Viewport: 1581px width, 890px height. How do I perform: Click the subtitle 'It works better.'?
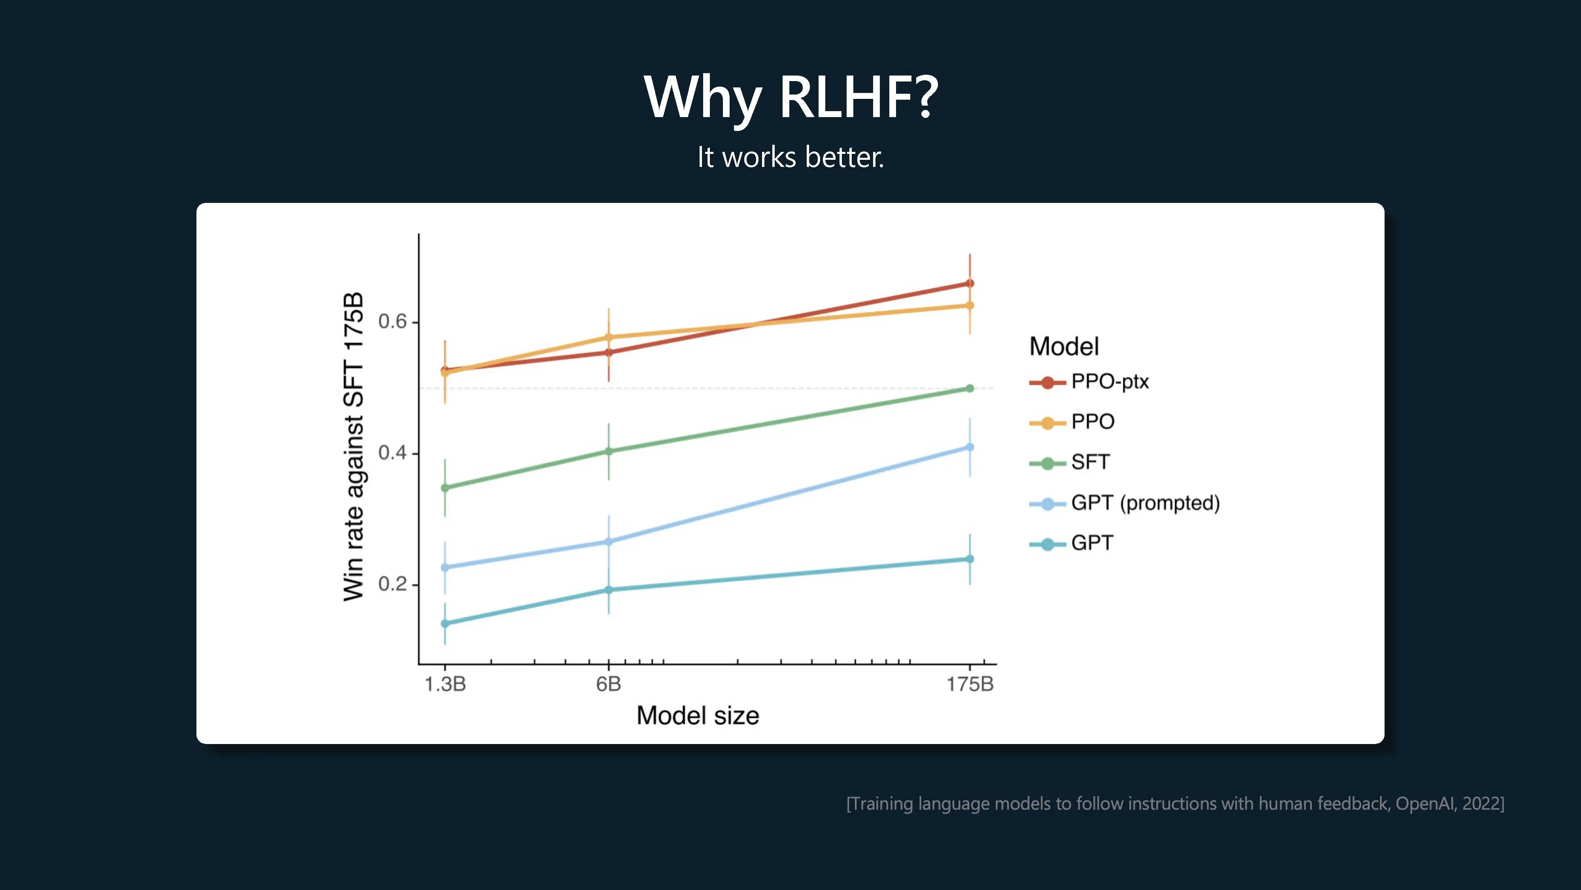click(790, 157)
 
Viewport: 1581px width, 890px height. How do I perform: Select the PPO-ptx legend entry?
click(1089, 382)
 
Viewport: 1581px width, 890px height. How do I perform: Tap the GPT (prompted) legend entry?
click(1124, 503)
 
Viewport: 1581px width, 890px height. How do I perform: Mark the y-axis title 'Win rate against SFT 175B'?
click(353, 447)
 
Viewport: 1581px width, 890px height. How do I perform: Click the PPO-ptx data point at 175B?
click(970, 283)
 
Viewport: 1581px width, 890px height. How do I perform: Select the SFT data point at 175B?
click(970, 388)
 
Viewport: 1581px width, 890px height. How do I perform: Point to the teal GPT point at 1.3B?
click(445, 623)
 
